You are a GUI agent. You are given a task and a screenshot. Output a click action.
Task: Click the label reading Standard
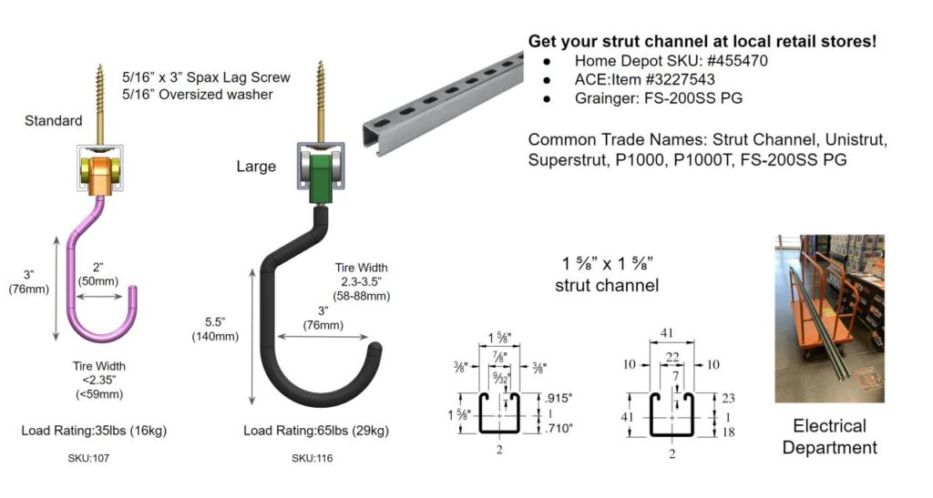coord(53,121)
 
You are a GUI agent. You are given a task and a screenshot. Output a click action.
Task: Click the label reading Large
coord(256,167)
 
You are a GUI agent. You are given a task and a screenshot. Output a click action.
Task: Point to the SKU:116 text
coord(312,458)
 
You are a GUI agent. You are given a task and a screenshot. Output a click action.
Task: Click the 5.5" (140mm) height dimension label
coord(215,329)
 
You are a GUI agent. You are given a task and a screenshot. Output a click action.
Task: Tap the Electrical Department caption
coord(829,436)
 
